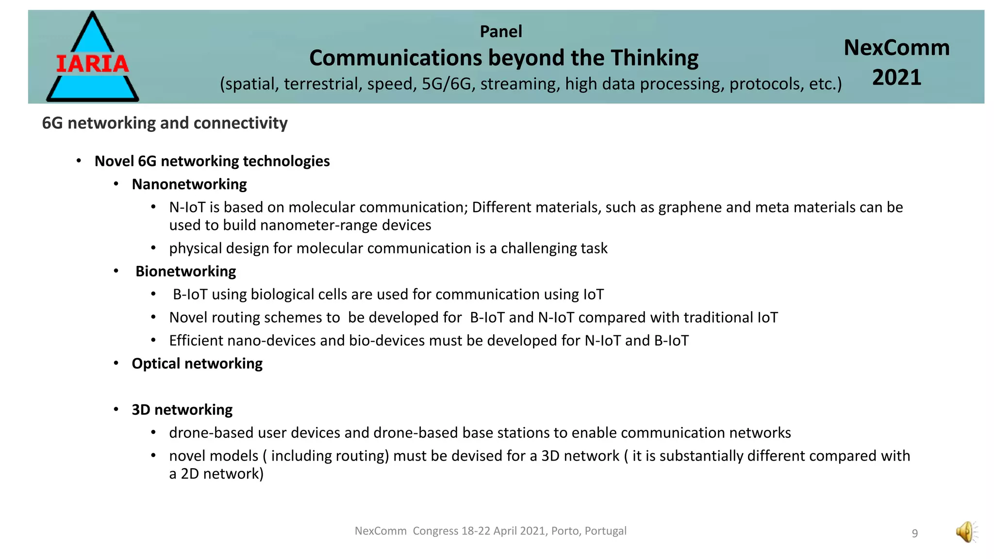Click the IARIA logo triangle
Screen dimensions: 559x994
[92, 58]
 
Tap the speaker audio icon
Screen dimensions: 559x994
[966, 532]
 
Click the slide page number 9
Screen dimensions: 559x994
[915, 533]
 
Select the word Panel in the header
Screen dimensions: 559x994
[501, 32]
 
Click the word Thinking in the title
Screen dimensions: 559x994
[654, 58]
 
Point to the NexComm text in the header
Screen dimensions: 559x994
[896, 48]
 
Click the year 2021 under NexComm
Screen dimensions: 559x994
[896, 78]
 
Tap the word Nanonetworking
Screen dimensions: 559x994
[189, 184]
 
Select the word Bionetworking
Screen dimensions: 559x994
[185, 271]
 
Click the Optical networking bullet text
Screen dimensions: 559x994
[197, 363]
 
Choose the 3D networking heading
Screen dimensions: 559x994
[182, 410]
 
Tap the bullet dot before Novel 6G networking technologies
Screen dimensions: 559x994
[79, 161]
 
